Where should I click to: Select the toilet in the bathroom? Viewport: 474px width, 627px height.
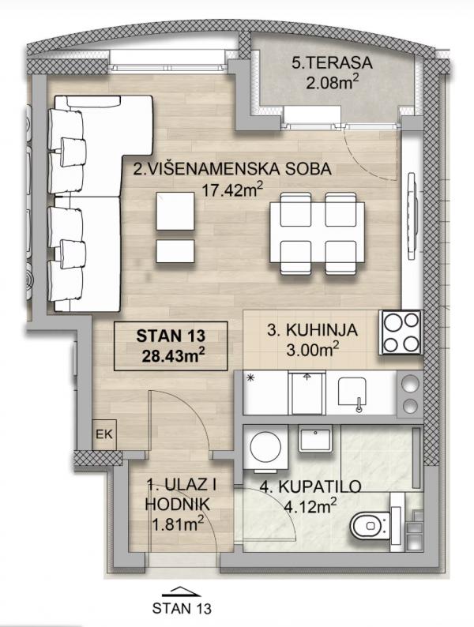371,525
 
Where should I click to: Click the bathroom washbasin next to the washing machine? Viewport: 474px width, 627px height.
316,441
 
